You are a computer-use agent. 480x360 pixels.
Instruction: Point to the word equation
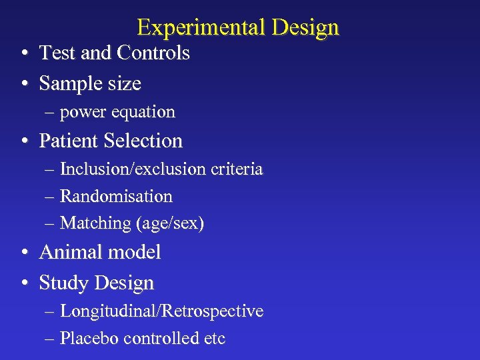click(143, 112)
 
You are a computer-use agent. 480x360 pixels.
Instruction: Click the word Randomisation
click(116, 196)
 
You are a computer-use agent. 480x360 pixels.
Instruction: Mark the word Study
click(63, 283)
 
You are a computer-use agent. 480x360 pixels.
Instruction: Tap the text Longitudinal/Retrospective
click(161, 311)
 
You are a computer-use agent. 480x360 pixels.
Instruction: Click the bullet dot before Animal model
click(23, 253)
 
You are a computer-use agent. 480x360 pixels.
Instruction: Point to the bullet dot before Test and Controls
click(23, 54)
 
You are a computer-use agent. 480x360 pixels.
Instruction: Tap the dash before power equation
click(51, 113)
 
